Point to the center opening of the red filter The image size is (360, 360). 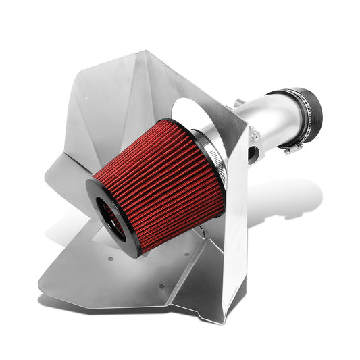pos(112,216)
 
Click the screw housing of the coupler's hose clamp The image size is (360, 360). pos(292,145)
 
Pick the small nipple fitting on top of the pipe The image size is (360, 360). pos(238,103)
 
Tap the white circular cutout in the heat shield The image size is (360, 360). pos(196,111)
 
